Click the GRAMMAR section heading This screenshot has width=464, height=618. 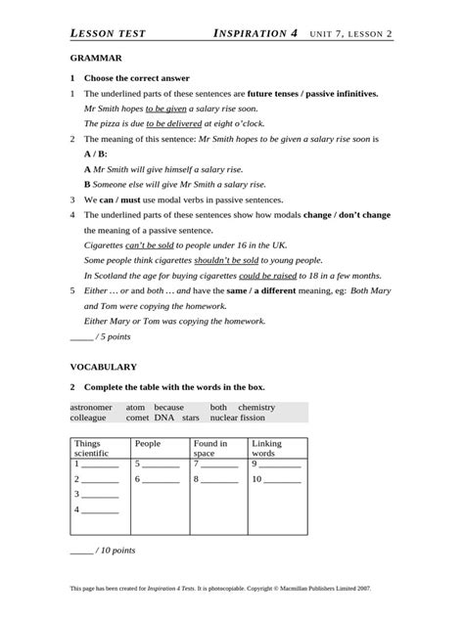click(x=95, y=59)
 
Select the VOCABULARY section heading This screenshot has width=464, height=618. click(x=103, y=367)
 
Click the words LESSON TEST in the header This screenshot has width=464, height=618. click(x=109, y=33)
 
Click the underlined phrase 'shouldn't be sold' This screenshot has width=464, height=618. click(x=226, y=260)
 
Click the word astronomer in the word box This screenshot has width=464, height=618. click(x=92, y=407)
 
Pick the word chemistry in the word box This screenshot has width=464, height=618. click(x=256, y=407)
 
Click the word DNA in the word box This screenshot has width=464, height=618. click(x=163, y=418)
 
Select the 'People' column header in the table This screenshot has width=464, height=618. click(x=148, y=444)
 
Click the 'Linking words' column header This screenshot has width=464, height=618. click(x=266, y=449)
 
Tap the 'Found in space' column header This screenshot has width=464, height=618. click(x=209, y=449)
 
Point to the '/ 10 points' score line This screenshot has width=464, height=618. click(x=103, y=551)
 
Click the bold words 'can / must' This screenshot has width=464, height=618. click(x=116, y=199)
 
